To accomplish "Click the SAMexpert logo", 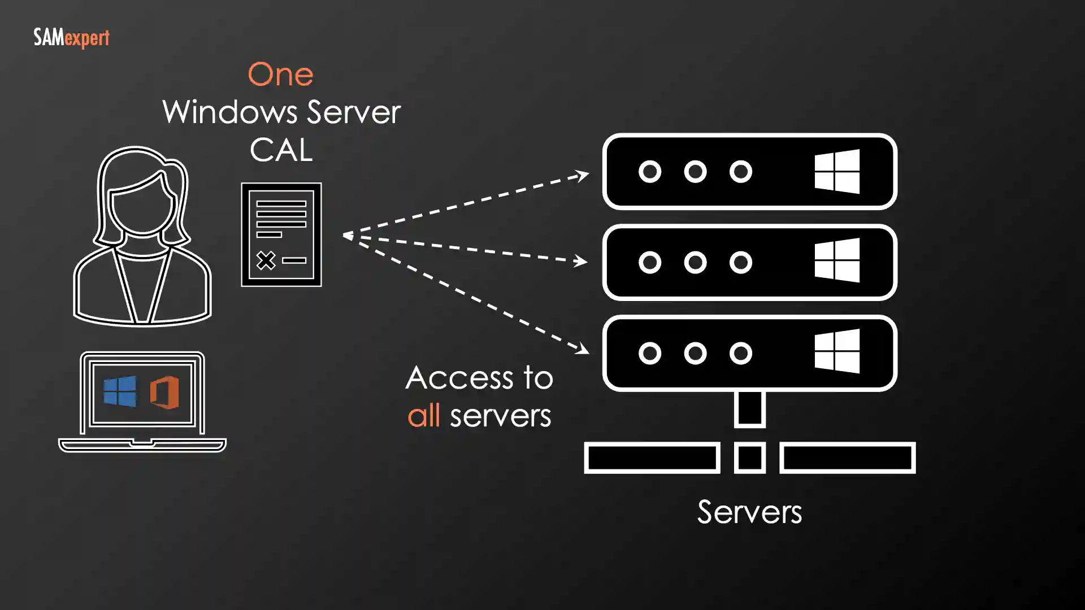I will [x=71, y=38].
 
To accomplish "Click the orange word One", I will [x=280, y=75].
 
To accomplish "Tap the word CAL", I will [x=281, y=150].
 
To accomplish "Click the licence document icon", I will [x=281, y=234].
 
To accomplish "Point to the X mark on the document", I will [x=266, y=260].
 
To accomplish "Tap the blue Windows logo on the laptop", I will [x=120, y=391].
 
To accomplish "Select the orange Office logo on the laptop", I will [x=164, y=392].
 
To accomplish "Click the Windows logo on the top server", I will [x=837, y=171].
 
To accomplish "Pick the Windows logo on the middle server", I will [x=837, y=260].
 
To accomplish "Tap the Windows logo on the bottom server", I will [x=837, y=351].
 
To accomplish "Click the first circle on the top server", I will [x=650, y=171].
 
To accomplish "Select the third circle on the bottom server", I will [x=740, y=353].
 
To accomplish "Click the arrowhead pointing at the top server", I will [x=582, y=176].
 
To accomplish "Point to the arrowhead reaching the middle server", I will [x=580, y=261].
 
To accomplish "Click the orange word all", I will [x=424, y=416].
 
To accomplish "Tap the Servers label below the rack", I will [x=749, y=512].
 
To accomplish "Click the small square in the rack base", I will [x=750, y=457].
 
